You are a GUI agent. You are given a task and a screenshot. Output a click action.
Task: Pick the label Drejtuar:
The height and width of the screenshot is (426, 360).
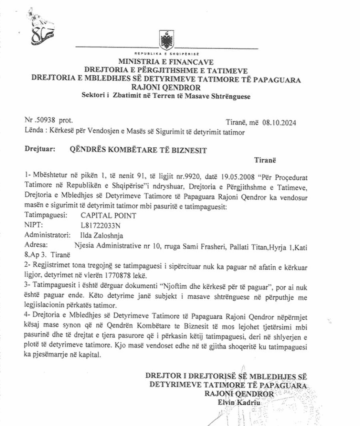click(40, 149)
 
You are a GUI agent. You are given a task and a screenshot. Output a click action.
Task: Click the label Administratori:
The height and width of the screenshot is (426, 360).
click(46, 235)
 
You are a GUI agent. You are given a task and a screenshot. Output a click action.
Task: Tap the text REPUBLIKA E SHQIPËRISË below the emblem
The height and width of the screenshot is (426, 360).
click(167, 54)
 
